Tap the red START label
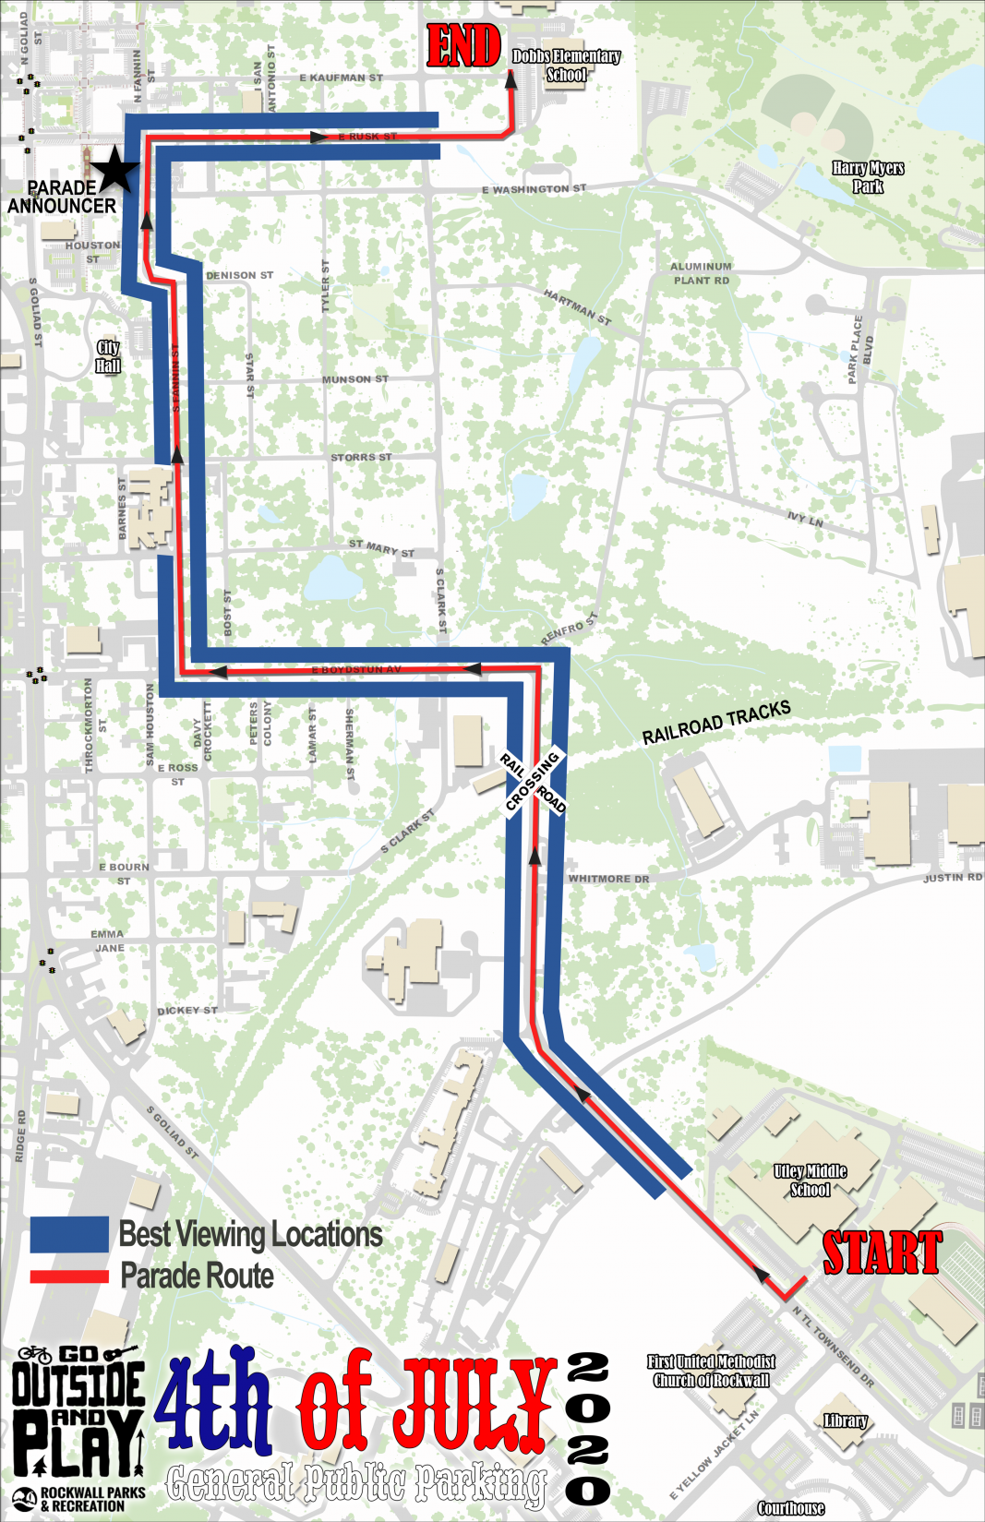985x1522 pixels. pyautogui.click(x=882, y=1252)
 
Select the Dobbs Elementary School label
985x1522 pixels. pyautogui.click(x=566, y=66)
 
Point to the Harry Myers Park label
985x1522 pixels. pyautogui.click(x=868, y=177)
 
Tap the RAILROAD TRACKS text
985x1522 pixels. pyautogui.click(x=716, y=723)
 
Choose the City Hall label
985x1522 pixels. pyautogui.click(x=108, y=356)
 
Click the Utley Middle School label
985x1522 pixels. pyautogui.click(x=810, y=1180)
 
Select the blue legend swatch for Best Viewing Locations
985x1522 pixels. pyautogui.click(x=69, y=1234)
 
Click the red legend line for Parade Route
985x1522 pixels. pyautogui.click(x=69, y=1276)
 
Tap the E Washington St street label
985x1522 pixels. pyautogui.click(x=534, y=189)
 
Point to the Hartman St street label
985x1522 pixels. pyautogui.click(x=577, y=307)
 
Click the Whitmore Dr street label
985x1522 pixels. pyautogui.click(x=608, y=879)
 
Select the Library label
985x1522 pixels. pyautogui.click(x=846, y=1420)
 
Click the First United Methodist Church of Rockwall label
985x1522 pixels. pyautogui.click(x=711, y=1371)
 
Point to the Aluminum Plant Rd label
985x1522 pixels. pyautogui.click(x=702, y=273)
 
